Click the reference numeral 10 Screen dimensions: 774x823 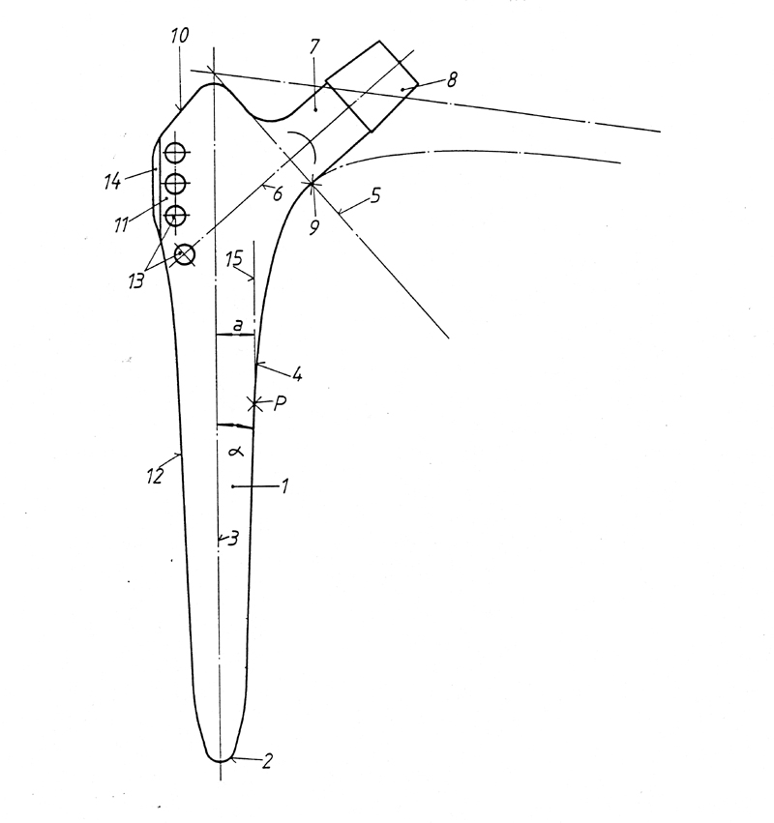[180, 36]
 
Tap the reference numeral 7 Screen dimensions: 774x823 [314, 46]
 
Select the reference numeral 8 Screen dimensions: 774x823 [451, 79]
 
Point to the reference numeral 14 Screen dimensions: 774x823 [112, 182]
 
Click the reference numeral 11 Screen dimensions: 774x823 [121, 225]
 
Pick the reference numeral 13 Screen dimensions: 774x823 [136, 281]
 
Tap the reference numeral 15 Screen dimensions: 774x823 [234, 259]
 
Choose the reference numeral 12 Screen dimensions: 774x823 [156, 476]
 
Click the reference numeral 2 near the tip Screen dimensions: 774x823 [267, 761]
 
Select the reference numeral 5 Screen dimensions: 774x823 [375, 195]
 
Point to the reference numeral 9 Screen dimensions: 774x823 [314, 227]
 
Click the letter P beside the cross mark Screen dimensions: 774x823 [280, 403]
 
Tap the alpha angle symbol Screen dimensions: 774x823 [237, 451]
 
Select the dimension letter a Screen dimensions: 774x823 [238, 325]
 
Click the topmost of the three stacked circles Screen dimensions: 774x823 [175, 153]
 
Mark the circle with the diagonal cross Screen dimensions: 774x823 [185, 255]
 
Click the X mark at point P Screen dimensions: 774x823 [255, 403]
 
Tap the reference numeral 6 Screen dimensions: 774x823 [278, 193]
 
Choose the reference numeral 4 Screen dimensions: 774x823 [297, 375]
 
